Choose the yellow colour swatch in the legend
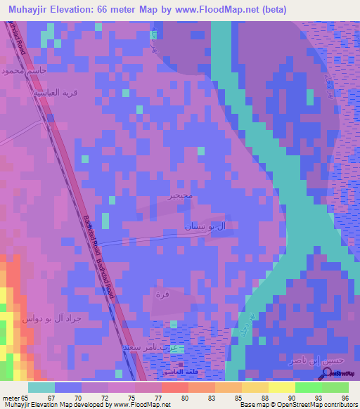pos(281,387)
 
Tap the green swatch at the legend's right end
pos(335,387)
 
